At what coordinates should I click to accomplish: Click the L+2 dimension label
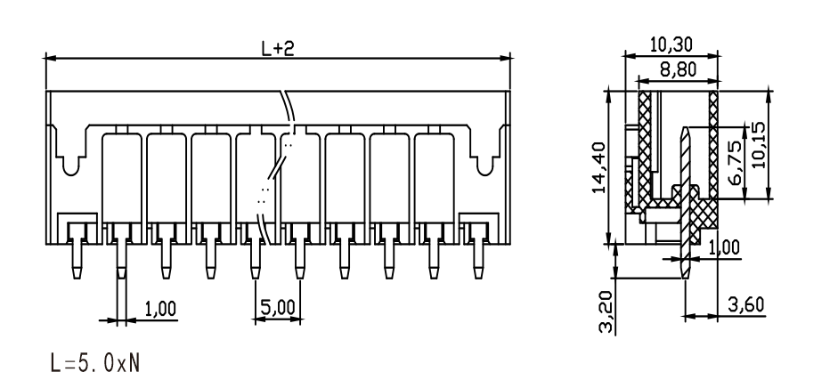(x=278, y=48)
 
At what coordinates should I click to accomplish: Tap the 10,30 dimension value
(x=671, y=44)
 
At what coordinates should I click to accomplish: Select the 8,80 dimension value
(x=679, y=69)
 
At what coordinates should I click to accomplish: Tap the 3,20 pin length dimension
(x=606, y=311)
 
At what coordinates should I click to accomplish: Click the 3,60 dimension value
(x=746, y=304)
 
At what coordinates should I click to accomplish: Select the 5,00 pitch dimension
(x=278, y=307)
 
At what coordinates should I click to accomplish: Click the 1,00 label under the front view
(x=160, y=309)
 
